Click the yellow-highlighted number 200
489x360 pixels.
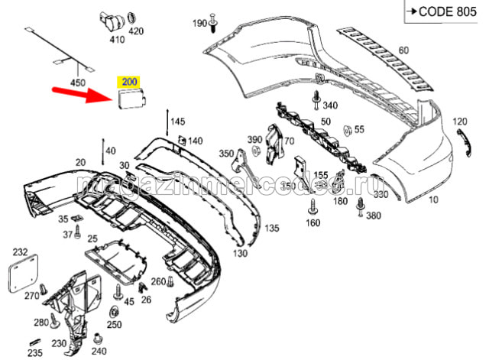(129, 80)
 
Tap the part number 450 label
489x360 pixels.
(79, 82)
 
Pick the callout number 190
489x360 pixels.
(199, 24)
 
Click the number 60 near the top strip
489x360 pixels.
(403, 50)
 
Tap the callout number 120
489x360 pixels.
(460, 122)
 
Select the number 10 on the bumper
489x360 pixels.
(433, 200)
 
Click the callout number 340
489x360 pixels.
(330, 105)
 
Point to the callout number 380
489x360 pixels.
(373, 216)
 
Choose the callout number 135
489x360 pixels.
(272, 229)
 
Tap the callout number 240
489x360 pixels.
(99, 352)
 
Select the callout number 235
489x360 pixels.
(35, 353)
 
